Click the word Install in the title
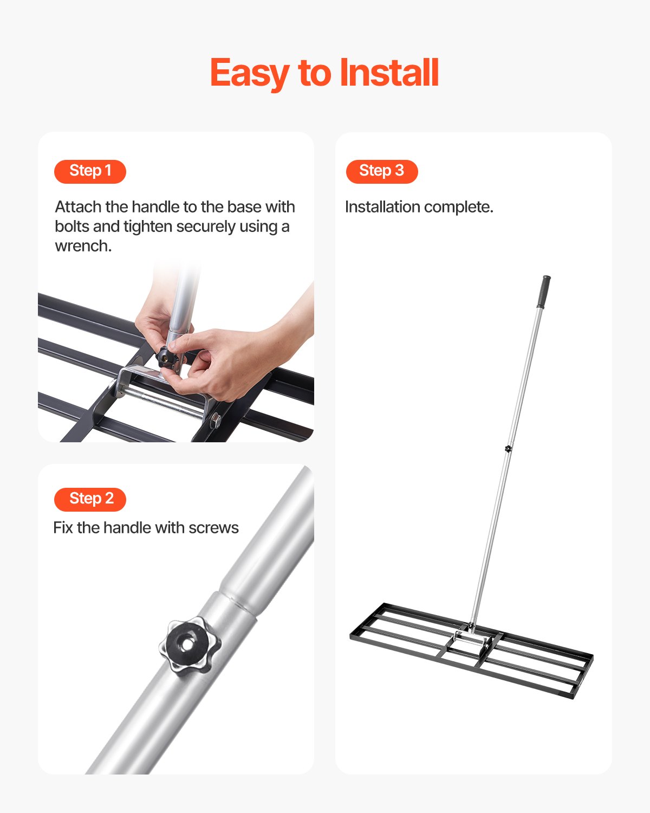tap(388, 73)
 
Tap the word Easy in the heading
tap(249, 73)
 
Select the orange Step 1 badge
tap(90, 171)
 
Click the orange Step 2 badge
tap(90, 499)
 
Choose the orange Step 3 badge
tap(382, 171)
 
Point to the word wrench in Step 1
tap(83, 246)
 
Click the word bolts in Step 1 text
tap(73, 227)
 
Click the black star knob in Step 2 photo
tap(190, 645)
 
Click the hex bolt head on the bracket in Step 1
tap(216, 420)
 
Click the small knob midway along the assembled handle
tap(508, 448)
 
